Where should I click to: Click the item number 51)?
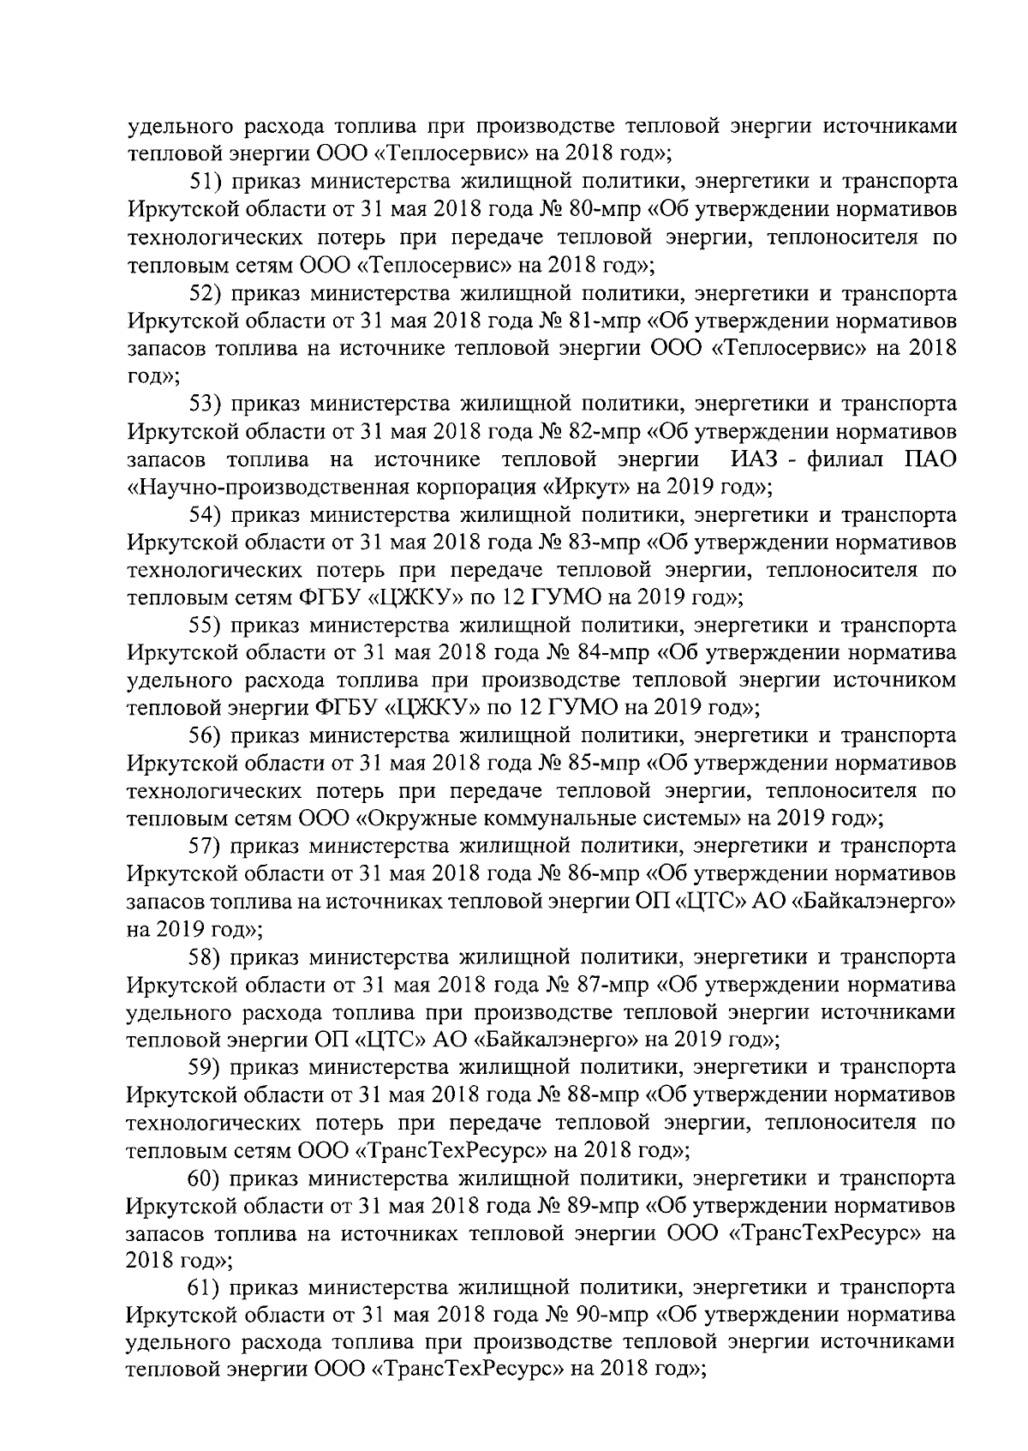pos(206,182)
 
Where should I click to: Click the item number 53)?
pos(206,404)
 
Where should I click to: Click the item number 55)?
pos(206,626)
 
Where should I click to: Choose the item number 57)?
pos(206,847)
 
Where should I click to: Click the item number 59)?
pos(206,1068)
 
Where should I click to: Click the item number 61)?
pos(206,1289)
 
